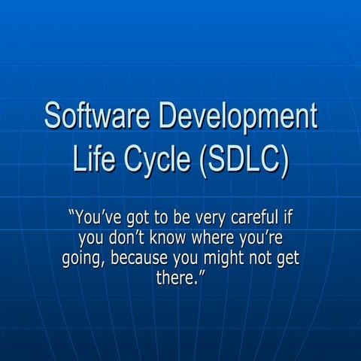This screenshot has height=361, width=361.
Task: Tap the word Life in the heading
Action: [96, 161]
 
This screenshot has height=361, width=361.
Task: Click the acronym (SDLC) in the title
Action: [246, 161]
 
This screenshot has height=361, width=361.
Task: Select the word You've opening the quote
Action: [93, 219]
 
